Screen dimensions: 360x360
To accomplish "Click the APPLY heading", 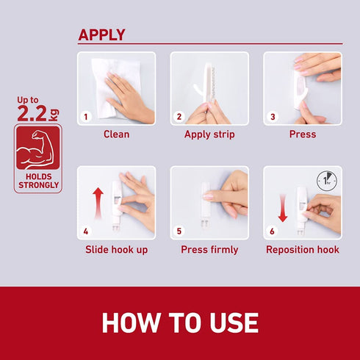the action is (x=101, y=35).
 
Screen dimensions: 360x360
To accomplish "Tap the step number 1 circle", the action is (x=86, y=117).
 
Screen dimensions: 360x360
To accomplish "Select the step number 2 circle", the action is (x=179, y=117).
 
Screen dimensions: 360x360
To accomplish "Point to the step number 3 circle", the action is (x=273, y=117).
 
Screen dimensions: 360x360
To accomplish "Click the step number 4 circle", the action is (x=86, y=231).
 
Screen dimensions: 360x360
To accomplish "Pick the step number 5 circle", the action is (x=179, y=231).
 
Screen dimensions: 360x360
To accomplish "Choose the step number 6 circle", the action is (x=272, y=231).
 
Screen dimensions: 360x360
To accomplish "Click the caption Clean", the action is (x=116, y=134).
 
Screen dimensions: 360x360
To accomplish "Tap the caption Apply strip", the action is (x=209, y=134).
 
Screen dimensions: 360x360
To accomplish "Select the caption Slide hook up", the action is (x=117, y=250).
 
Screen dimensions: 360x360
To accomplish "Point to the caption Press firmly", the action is (x=209, y=250).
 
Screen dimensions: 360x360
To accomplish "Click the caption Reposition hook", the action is (x=303, y=250).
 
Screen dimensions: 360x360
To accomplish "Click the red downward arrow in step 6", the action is (x=283, y=208).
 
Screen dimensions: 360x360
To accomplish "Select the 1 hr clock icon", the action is (x=327, y=181).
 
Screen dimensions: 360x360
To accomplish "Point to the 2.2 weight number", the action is (x=32, y=113).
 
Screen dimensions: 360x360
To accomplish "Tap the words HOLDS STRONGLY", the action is (x=38, y=181).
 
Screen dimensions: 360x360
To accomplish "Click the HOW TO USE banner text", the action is (x=180, y=323).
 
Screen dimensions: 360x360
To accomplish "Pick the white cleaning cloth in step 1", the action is (x=110, y=88).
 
